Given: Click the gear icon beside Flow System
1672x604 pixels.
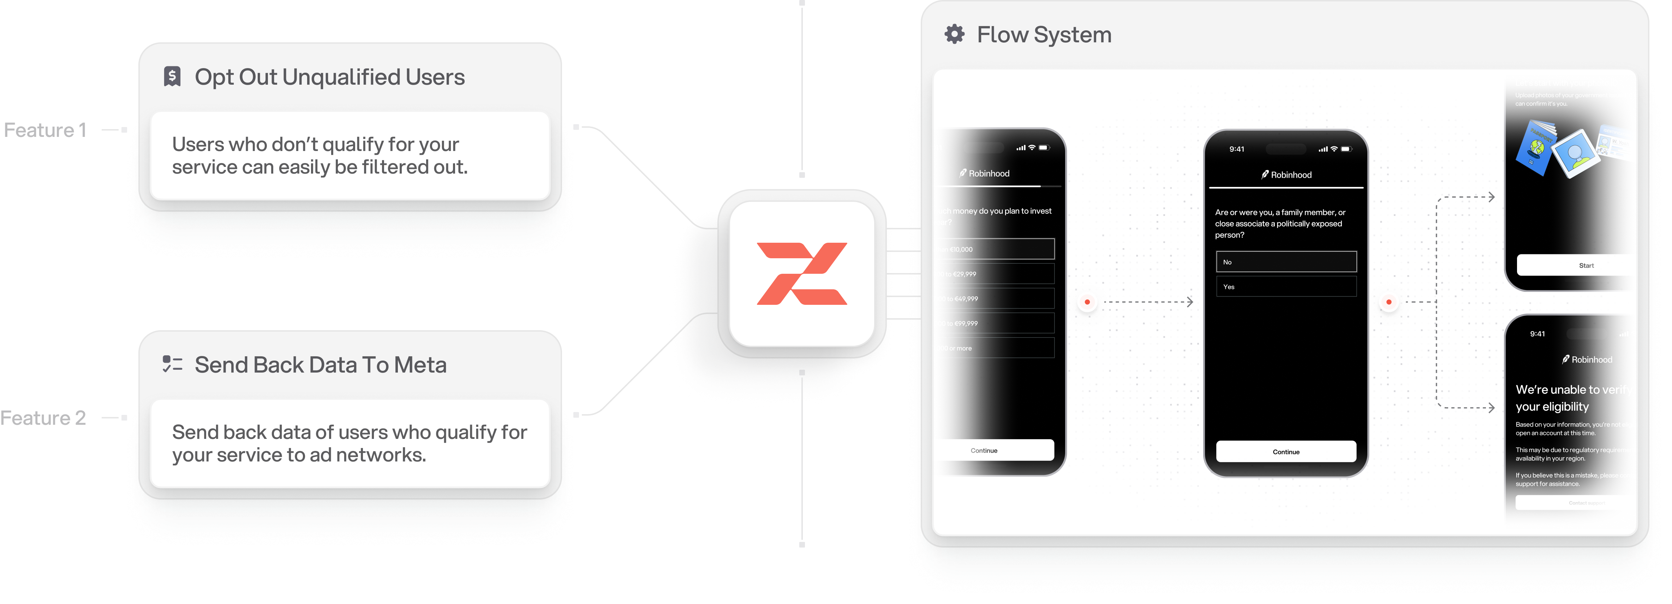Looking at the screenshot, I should [x=954, y=34].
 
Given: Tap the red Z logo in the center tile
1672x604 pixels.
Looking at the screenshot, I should [x=802, y=273].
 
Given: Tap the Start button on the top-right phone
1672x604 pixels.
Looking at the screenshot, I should [x=1585, y=265].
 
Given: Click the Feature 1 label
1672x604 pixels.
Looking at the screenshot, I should [x=46, y=131].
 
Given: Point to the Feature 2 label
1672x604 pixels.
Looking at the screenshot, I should [x=43, y=418].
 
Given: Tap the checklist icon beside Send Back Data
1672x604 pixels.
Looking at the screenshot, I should [x=172, y=364].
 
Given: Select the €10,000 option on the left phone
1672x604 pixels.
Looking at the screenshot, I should [x=996, y=249].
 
